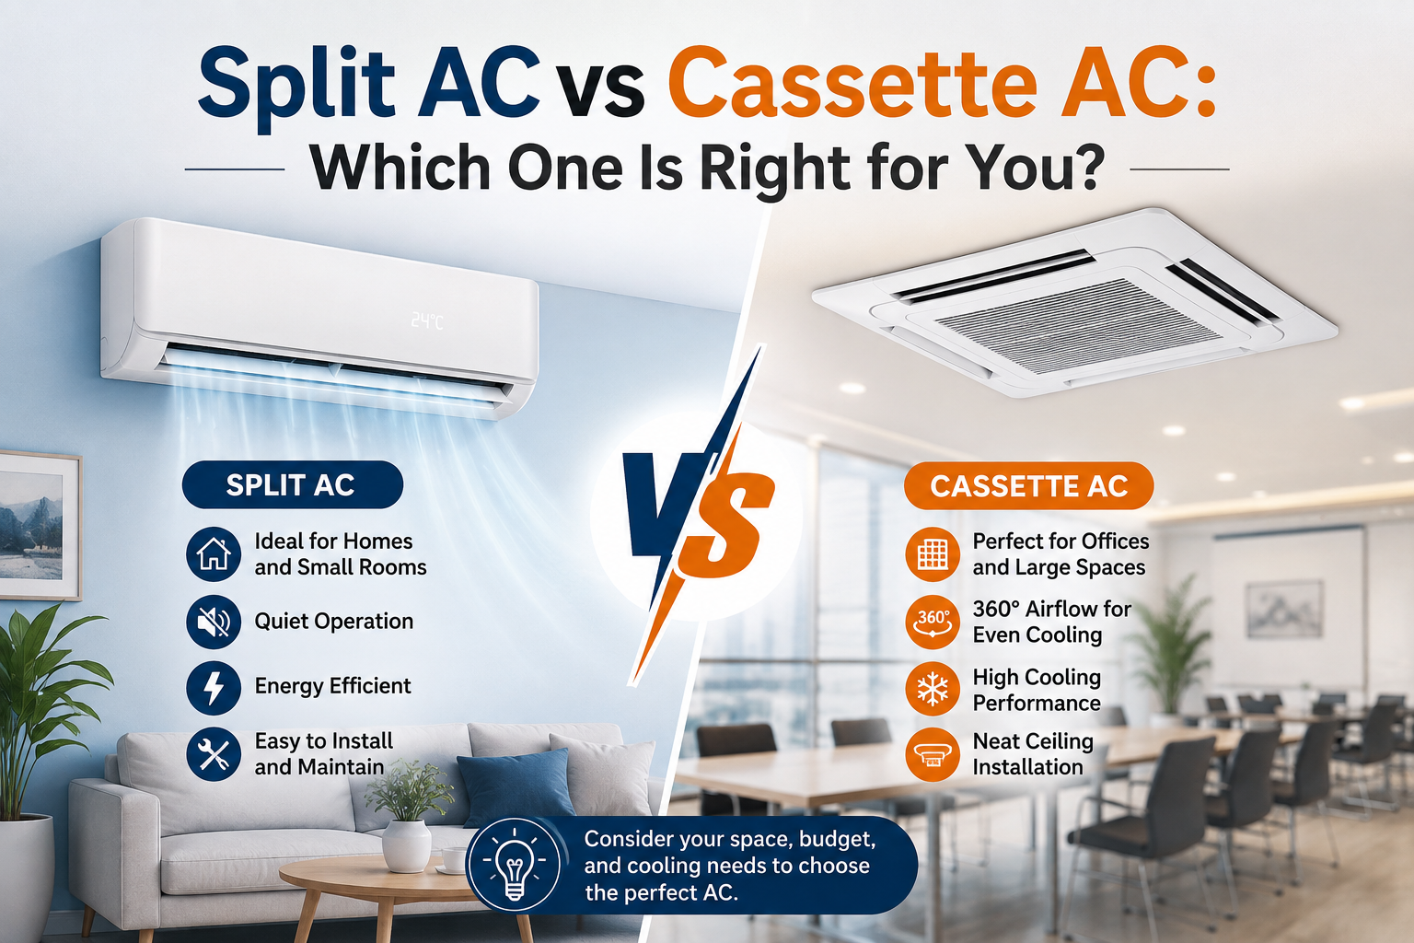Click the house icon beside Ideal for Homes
(x=214, y=554)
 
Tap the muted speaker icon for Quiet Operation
(x=214, y=622)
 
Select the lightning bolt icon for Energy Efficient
(x=214, y=688)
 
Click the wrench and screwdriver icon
(x=214, y=754)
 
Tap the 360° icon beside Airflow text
(x=933, y=622)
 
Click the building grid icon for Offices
(x=933, y=554)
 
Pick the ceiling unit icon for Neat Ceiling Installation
(x=933, y=754)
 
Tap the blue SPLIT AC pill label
(x=292, y=484)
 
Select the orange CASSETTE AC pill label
(x=1029, y=485)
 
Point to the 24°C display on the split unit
(x=427, y=321)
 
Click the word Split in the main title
(x=296, y=86)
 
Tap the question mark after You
(x=1086, y=166)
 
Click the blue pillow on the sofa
(x=516, y=787)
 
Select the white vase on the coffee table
(x=406, y=845)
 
